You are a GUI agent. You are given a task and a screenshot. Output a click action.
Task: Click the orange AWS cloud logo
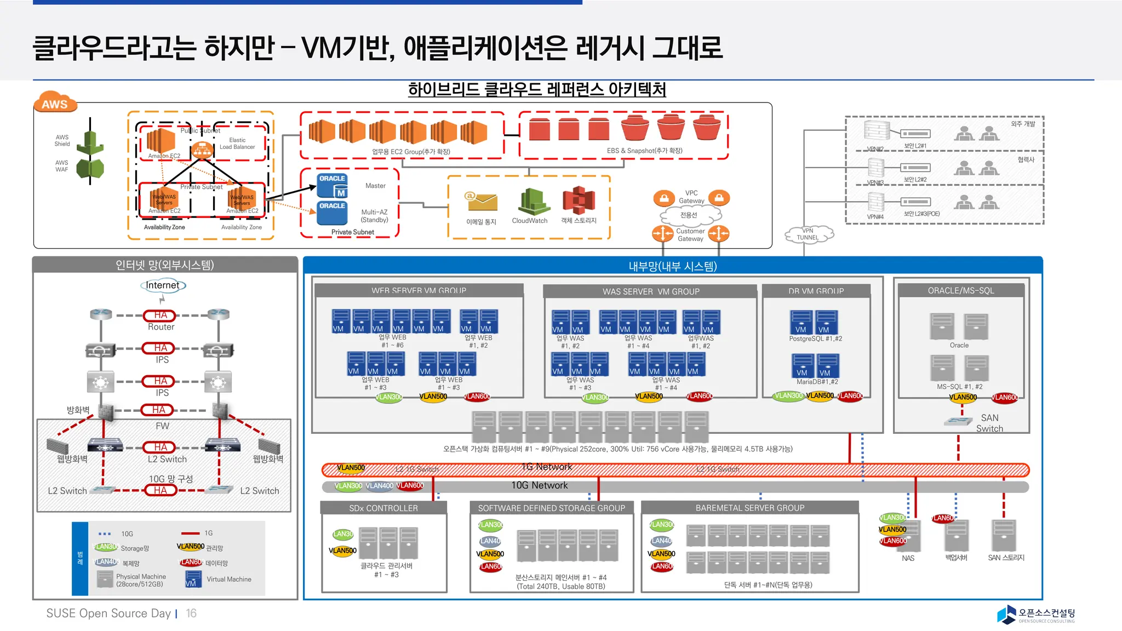pyautogui.click(x=55, y=102)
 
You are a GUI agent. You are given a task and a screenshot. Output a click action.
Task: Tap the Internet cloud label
pyautogui.click(x=162, y=285)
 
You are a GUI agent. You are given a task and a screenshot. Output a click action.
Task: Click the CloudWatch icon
pyautogui.click(x=530, y=202)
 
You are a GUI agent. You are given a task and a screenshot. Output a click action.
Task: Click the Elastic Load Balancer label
pyautogui.click(x=237, y=144)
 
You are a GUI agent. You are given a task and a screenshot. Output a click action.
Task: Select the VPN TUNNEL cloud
pyautogui.click(x=808, y=234)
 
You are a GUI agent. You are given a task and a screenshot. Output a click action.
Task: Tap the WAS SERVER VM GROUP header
pyautogui.click(x=650, y=291)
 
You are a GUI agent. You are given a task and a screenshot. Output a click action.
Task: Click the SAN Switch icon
pyautogui.click(x=958, y=421)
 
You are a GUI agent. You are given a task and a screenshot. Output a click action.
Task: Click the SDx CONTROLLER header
pyautogui.click(x=383, y=508)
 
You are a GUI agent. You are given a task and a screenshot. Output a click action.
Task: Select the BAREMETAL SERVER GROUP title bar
pyautogui.click(x=749, y=508)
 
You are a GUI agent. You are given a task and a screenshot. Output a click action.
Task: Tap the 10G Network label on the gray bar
pyautogui.click(x=539, y=486)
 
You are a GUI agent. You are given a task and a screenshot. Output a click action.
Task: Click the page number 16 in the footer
pyautogui.click(x=191, y=613)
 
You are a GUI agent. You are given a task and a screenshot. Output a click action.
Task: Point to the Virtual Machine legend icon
pyautogui.click(x=193, y=579)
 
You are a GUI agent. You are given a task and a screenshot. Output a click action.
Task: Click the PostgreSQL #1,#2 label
pyautogui.click(x=815, y=339)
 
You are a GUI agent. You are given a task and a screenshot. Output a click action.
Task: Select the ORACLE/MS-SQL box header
pyautogui.click(x=960, y=291)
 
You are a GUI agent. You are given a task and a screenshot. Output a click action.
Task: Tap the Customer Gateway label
pyautogui.click(x=690, y=235)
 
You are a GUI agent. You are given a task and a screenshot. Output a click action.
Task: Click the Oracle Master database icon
pyautogui.click(x=333, y=186)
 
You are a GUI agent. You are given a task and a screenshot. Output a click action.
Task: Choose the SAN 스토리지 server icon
pyautogui.click(x=1004, y=535)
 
